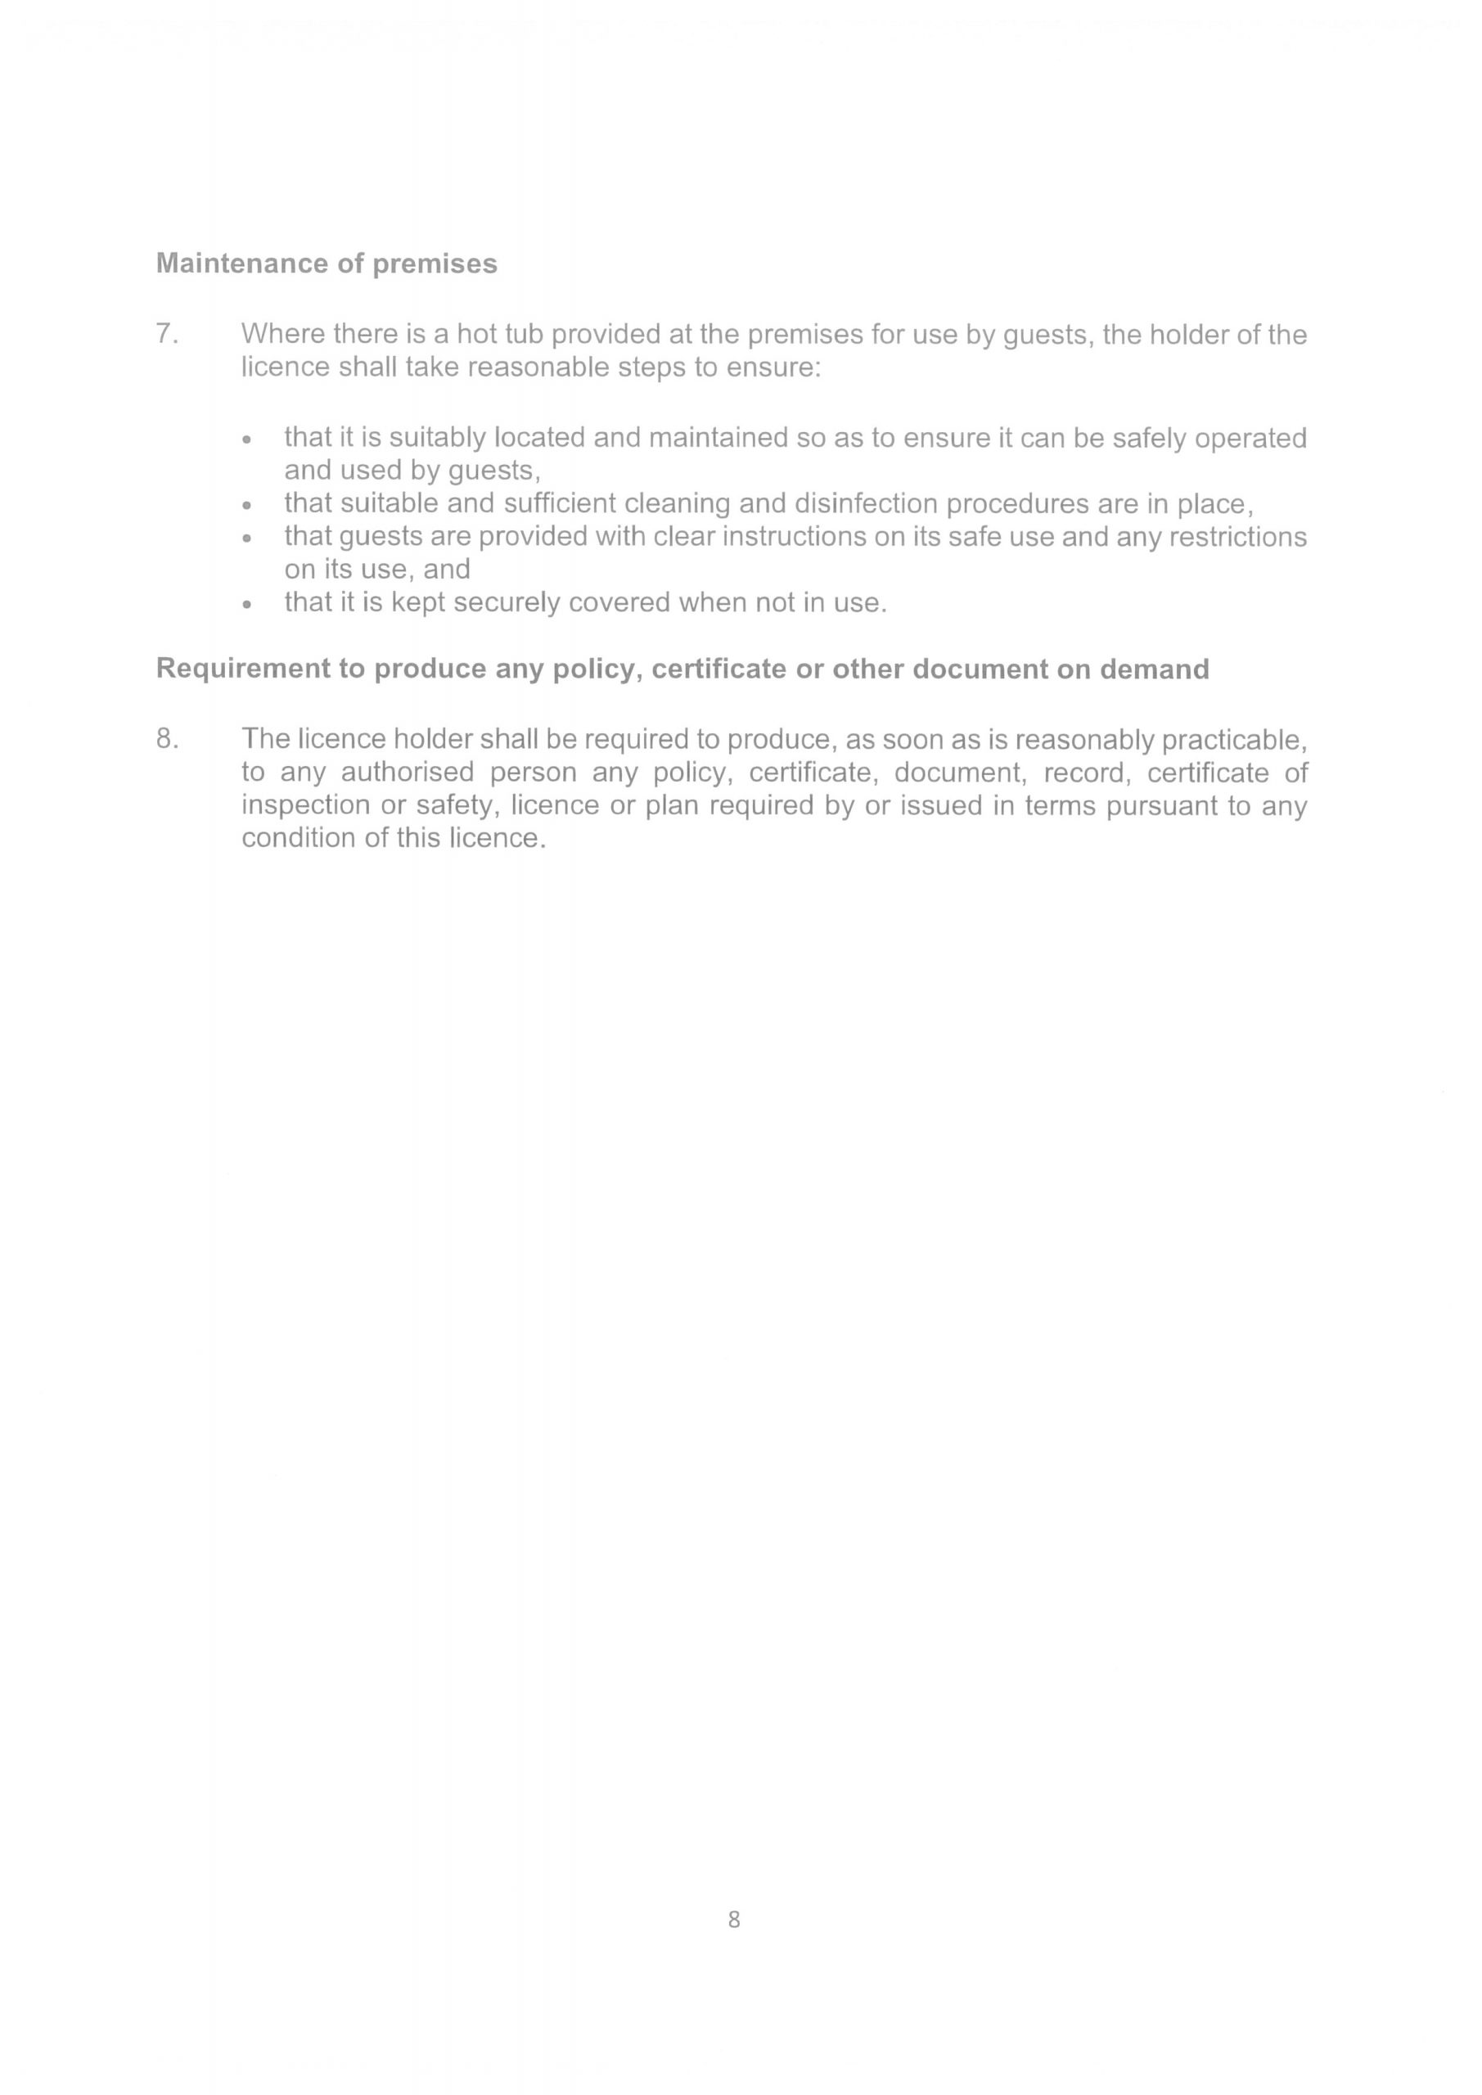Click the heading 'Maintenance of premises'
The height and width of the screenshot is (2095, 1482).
click(327, 264)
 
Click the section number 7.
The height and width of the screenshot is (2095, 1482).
click(166, 334)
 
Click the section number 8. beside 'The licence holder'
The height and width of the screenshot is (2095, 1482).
click(166, 738)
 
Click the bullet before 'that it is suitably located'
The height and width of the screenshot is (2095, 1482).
click(245, 439)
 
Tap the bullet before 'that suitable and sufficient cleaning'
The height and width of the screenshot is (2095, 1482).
click(245, 506)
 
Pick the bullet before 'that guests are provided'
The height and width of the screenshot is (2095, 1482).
click(245, 538)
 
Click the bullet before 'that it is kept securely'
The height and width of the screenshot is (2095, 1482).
click(245, 604)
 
